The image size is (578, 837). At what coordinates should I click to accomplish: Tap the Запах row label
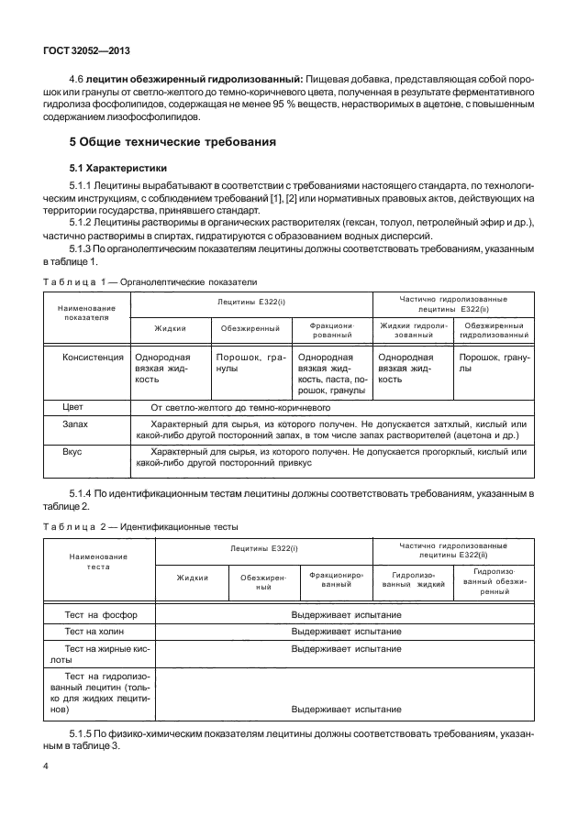click(x=75, y=424)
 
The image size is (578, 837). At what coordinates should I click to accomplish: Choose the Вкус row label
click(x=72, y=452)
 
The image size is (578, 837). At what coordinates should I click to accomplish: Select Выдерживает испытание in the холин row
click(x=346, y=632)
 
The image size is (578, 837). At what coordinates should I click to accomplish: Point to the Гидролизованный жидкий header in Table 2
click(x=413, y=578)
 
